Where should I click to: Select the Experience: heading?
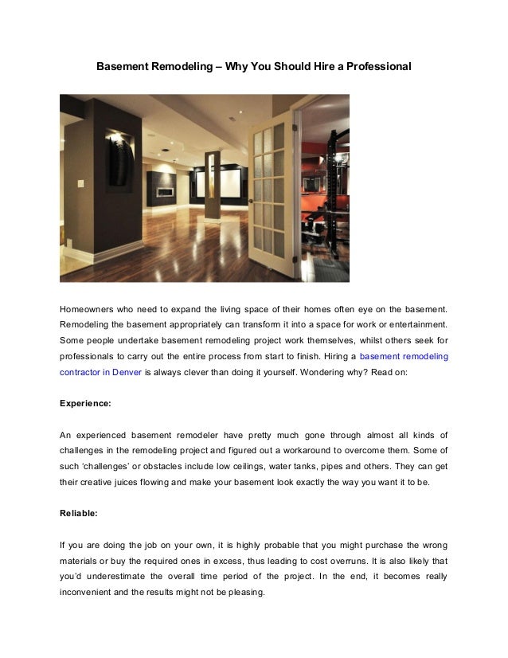click(x=85, y=404)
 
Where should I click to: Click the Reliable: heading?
click(x=79, y=514)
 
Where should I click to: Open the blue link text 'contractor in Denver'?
click(x=101, y=372)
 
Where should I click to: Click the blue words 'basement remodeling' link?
click(x=404, y=356)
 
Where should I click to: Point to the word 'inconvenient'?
click(x=88, y=593)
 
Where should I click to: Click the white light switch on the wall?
click(x=80, y=183)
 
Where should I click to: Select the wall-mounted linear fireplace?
click(x=166, y=191)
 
